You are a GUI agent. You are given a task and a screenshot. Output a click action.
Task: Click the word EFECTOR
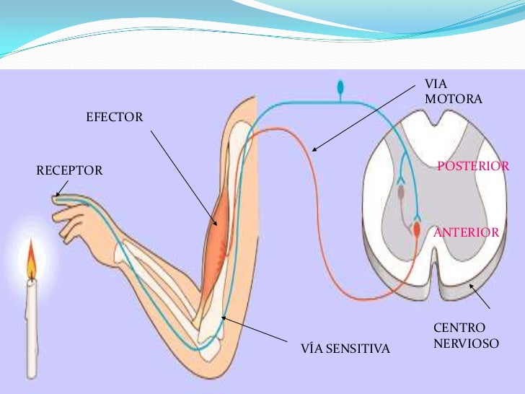tap(115, 117)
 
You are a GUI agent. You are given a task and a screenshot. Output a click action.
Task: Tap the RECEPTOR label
tap(69, 170)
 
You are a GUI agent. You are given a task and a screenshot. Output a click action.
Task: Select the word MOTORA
tap(454, 99)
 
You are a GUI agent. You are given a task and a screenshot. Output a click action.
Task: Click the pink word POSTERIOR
tap(473, 166)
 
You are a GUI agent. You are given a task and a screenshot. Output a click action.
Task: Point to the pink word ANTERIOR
tap(466, 232)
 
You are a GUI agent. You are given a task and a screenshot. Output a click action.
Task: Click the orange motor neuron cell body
tap(416, 230)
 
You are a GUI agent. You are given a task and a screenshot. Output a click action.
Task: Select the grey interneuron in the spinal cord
tap(401, 193)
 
